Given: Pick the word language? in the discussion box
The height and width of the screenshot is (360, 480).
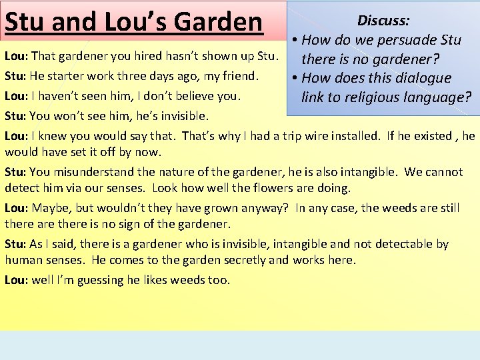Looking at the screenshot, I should click(x=438, y=97).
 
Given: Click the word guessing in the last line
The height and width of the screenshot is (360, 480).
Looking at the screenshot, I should click(x=101, y=280).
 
